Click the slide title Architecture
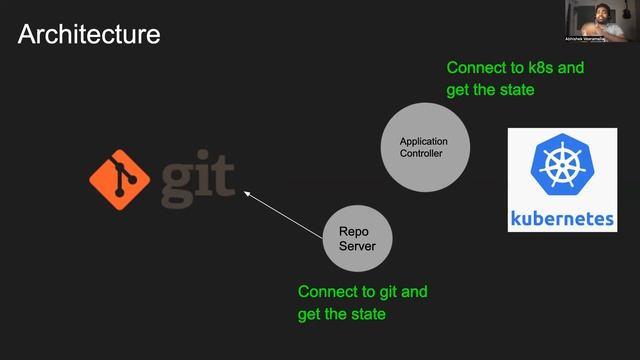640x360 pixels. (x=89, y=35)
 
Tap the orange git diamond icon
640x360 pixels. (x=120, y=179)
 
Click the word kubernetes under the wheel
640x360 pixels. (x=561, y=218)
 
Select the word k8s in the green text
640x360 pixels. (x=541, y=68)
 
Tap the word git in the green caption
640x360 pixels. (x=392, y=292)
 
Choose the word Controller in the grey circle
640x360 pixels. (x=420, y=154)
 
